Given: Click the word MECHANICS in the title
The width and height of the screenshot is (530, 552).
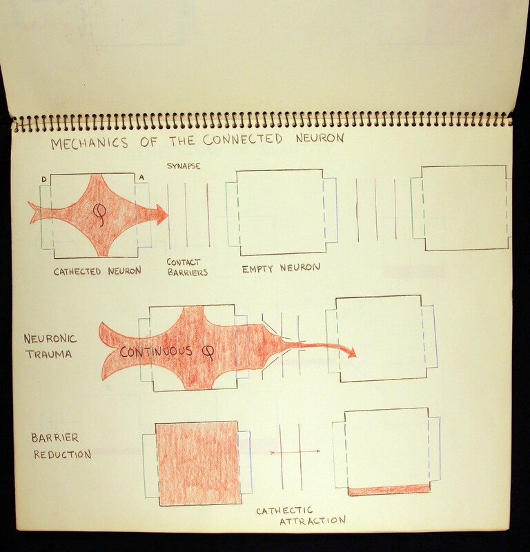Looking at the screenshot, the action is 90,144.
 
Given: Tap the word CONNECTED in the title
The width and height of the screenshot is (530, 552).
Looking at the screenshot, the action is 243,139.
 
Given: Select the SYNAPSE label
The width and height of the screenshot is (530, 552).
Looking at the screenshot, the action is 184,166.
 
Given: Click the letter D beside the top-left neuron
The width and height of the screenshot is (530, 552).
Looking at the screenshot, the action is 43,179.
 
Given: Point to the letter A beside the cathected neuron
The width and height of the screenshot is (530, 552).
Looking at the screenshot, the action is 141,178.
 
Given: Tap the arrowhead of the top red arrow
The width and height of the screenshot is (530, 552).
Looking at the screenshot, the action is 161,215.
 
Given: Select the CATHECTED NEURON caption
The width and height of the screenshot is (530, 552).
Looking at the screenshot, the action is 97,271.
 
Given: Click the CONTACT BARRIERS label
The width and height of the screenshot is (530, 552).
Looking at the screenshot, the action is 187,267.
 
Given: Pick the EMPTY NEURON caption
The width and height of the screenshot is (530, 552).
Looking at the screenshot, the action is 281,268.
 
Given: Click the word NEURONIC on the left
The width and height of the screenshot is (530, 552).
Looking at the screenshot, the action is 50,339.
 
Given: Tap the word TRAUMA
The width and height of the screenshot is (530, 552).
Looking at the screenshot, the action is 49,354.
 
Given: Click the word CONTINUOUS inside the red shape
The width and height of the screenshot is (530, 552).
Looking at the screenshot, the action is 156,352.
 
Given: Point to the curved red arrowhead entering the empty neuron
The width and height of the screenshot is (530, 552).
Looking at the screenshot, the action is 352,353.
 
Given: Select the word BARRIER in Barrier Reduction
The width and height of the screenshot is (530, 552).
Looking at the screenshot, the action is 55,438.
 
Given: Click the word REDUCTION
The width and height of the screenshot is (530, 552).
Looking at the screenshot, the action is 62,455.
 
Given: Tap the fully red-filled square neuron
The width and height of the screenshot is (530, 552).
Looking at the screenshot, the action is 199,463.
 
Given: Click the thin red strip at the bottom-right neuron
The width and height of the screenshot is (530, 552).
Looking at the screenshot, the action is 389,490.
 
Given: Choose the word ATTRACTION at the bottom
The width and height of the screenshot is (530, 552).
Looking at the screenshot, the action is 313,521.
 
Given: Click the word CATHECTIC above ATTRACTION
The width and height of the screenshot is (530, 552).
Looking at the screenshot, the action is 284,511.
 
